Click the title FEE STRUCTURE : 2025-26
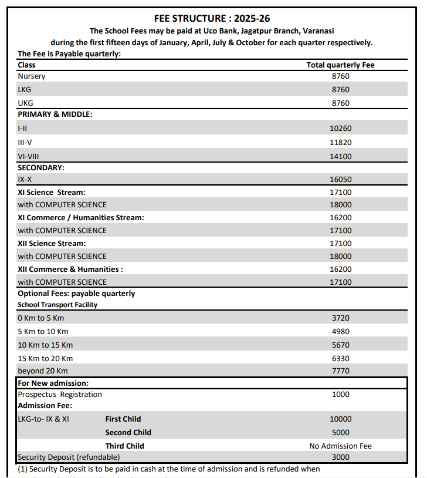tap(212, 19)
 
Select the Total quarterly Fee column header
tap(340, 65)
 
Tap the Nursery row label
tap(32, 76)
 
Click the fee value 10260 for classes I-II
tap(340, 128)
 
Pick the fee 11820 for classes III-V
tap(340, 142)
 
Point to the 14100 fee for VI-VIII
tap(340, 156)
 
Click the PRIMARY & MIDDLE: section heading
tap(55, 115)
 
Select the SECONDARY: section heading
tap(41, 167)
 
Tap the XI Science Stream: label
tap(52, 192)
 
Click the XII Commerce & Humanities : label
tap(70, 269)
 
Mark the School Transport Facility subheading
tap(57, 305)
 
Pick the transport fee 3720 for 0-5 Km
tap(340, 318)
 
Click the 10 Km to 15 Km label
tap(45, 345)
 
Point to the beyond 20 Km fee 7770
tap(340, 371)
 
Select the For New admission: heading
tap(53, 383)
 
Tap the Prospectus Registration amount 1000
tap(340, 395)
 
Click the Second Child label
tap(128, 432)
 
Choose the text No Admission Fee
tap(340, 446)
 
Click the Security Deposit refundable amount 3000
tap(340, 457)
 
